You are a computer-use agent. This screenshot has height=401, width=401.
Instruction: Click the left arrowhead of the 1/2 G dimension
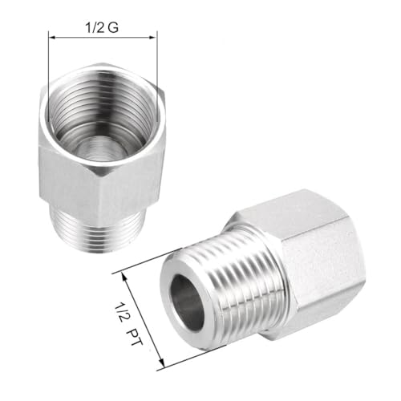(x=53, y=36)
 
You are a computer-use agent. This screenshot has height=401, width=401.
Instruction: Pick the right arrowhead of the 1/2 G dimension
(x=153, y=36)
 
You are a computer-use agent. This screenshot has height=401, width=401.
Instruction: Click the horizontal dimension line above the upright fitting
(x=103, y=36)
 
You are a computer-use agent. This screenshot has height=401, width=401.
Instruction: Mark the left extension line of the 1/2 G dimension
(x=49, y=56)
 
